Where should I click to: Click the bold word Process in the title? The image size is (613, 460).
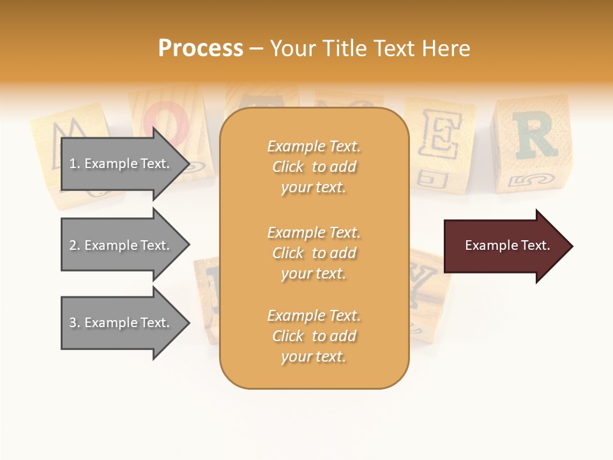(201, 49)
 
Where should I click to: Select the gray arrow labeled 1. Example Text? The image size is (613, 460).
(121, 164)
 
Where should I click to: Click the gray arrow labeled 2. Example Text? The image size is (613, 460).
(121, 245)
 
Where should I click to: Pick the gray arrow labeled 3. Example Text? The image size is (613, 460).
(121, 323)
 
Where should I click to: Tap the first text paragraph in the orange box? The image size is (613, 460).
(314, 167)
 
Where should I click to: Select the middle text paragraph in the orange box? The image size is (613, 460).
(314, 253)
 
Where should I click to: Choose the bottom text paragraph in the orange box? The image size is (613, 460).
(314, 336)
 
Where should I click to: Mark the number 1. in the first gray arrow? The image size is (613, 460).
(75, 164)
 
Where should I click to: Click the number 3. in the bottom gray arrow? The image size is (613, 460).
(75, 323)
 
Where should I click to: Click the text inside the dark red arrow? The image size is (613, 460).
(508, 245)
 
